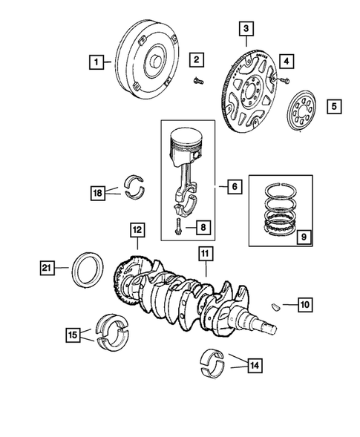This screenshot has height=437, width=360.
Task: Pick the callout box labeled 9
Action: (301, 237)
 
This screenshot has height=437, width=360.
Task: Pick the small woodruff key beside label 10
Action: (275, 304)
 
